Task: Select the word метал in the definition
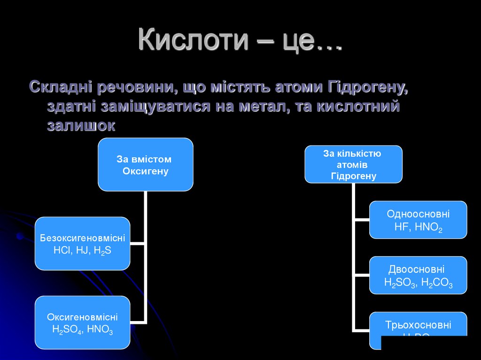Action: click(257, 106)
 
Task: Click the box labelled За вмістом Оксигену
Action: click(146, 165)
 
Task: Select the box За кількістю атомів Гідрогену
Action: click(353, 164)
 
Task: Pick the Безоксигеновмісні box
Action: click(82, 243)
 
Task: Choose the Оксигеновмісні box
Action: click(82, 322)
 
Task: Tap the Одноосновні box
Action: click(418, 220)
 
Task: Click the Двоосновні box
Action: click(418, 276)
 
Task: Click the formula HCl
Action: click(61, 250)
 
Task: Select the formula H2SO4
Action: click(68, 329)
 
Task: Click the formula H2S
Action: click(103, 250)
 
